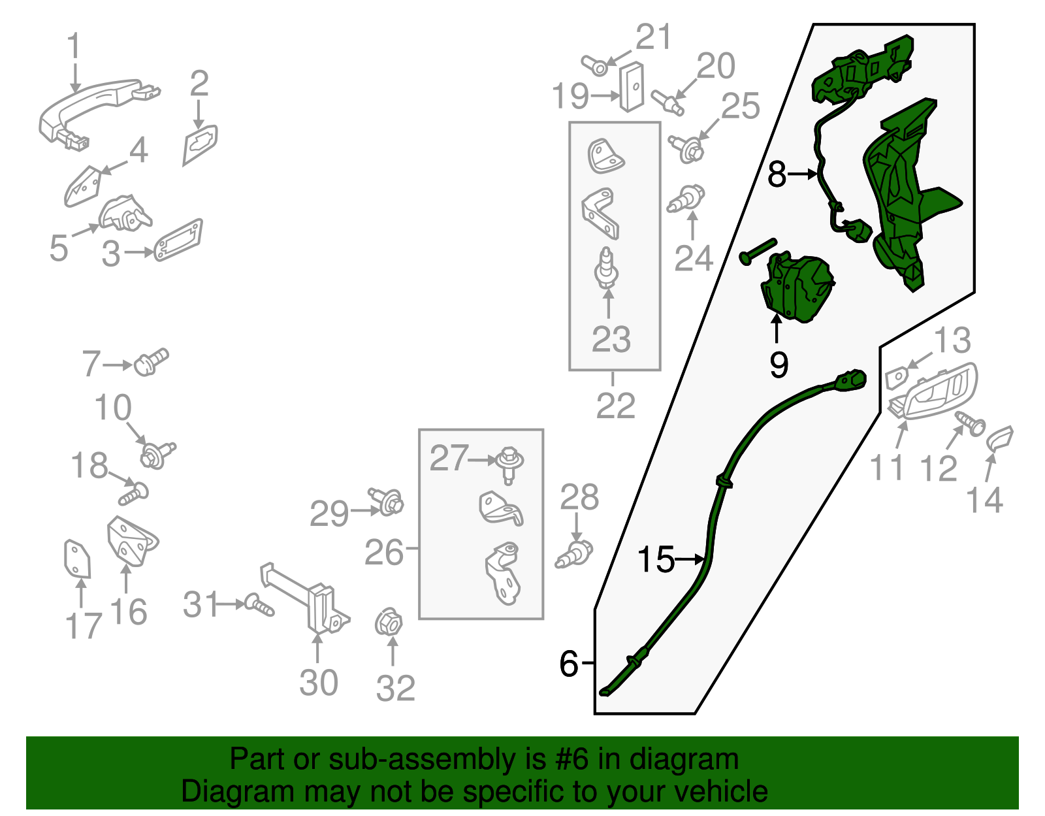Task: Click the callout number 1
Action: coord(74,46)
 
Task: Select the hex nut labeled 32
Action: coord(389,624)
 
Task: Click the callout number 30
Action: coord(318,683)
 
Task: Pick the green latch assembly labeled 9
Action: coord(797,287)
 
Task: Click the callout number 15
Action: coord(656,559)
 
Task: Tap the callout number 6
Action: coord(569,664)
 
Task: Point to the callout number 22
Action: coord(615,405)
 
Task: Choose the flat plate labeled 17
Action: coord(77,559)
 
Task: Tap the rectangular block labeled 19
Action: coord(632,86)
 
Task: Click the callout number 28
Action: coord(579,497)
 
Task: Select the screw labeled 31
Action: coord(259,604)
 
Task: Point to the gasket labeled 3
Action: coord(178,240)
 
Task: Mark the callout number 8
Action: coord(777,174)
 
